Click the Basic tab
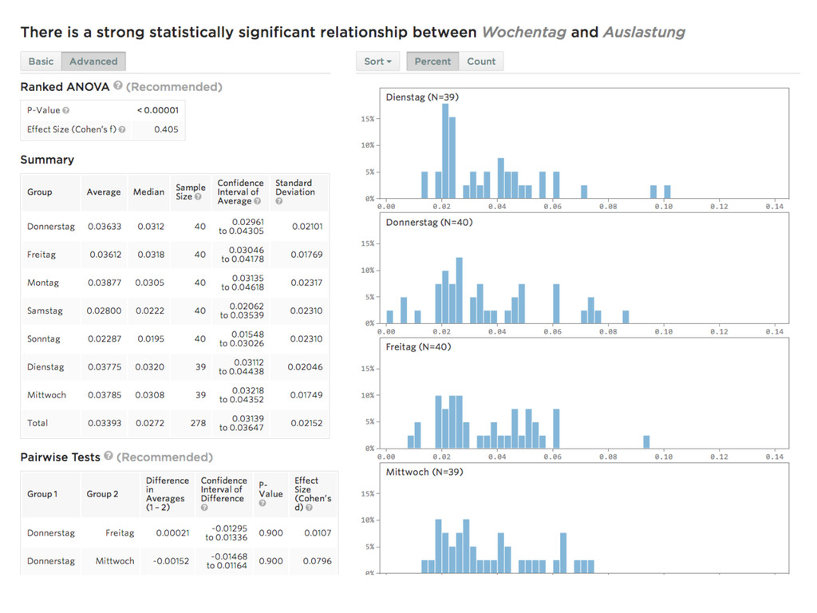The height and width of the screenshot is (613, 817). (x=41, y=61)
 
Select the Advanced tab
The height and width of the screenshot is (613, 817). (x=93, y=61)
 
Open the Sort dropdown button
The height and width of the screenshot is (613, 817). (x=377, y=61)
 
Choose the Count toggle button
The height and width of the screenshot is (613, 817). (x=481, y=61)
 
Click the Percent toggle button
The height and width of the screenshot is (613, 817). (x=432, y=61)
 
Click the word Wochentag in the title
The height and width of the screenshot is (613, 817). (x=523, y=33)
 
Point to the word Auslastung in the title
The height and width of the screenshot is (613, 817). (x=644, y=33)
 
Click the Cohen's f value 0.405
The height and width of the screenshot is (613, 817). (x=166, y=129)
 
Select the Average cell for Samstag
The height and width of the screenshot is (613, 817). (x=104, y=310)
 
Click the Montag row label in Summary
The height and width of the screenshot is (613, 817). (x=42, y=283)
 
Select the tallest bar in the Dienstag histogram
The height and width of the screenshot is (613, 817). (x=445, y=152)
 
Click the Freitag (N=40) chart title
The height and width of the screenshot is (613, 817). (x=418, y=347)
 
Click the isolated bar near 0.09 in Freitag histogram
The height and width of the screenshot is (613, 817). (x=646, y=441)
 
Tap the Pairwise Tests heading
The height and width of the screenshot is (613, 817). (x=61, y=457)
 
